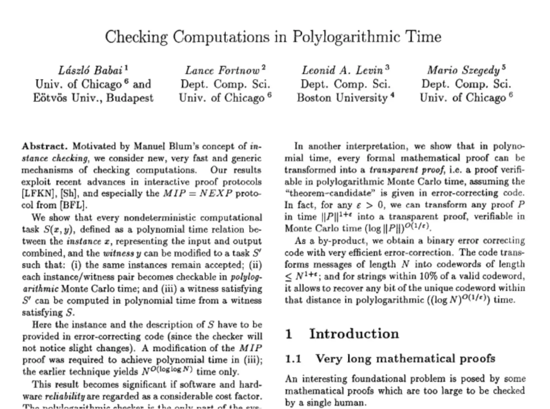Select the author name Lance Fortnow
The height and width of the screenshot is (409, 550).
[222, 70]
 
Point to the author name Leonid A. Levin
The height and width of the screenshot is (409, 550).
[342, 70]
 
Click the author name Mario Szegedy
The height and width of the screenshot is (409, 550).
[463, 70]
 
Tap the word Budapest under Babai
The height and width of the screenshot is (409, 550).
[129, 98]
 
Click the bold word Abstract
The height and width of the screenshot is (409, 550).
[45, 146]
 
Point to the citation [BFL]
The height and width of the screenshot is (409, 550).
[73, 205]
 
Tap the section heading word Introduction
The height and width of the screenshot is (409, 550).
[354, 334]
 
